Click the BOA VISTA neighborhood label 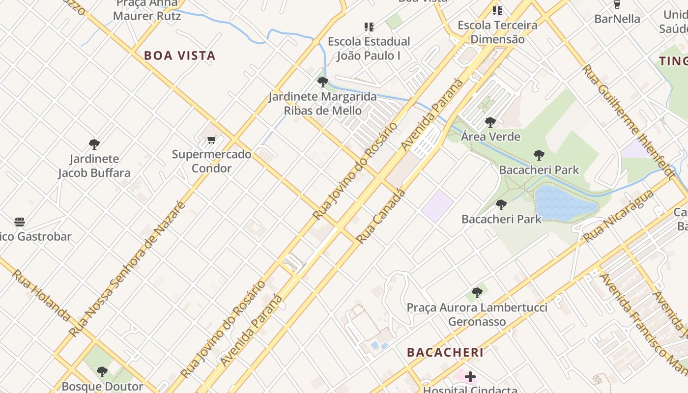(180, 56)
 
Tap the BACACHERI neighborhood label (445, 352)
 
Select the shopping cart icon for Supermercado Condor (212, 140)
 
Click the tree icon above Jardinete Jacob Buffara (94, 144)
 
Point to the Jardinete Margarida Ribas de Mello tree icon (323, 82)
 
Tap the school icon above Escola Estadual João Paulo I (369, 27)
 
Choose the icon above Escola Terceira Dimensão (497, 10)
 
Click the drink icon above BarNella (617, 5)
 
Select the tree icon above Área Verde (490, 122)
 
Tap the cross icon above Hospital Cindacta (470, 377)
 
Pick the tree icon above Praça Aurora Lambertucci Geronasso (477, 293)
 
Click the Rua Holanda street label (41, 295)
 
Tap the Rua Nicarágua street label (618, 216)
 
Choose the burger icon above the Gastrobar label (20, 222)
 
